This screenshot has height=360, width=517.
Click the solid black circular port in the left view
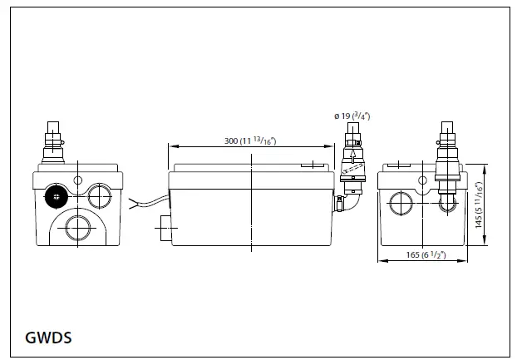pos(57,197)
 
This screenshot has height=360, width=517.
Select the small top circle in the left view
pos(77,180)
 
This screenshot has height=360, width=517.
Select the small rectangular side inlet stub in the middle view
pos(164,224)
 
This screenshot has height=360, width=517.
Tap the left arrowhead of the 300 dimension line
pos(171,145)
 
